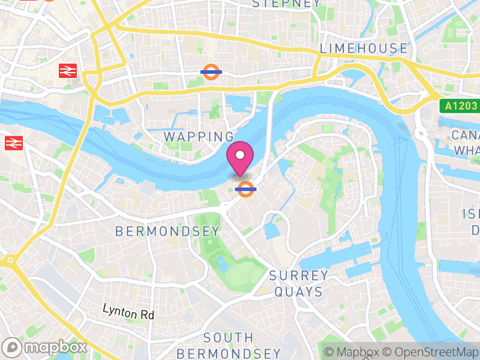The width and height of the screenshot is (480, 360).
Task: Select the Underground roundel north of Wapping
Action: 212,71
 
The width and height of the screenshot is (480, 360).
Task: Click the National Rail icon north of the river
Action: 68,71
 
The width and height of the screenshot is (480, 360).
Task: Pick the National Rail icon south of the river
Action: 13,143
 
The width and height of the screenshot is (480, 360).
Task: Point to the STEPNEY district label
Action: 286,4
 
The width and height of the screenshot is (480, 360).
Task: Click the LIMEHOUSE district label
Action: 364,49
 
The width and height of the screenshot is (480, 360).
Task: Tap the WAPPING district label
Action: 199,137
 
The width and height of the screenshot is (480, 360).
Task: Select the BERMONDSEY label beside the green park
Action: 167,231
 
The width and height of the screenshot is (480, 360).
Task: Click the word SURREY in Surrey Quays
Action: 299,276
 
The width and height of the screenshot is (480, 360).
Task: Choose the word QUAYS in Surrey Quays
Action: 299,292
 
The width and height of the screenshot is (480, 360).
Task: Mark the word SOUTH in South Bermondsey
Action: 228,338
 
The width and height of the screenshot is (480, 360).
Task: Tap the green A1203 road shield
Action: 461,106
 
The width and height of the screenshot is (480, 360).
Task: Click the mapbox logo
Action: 45,347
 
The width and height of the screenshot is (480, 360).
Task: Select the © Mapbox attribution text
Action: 352,352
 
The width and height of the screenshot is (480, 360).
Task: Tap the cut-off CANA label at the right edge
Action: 465,134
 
